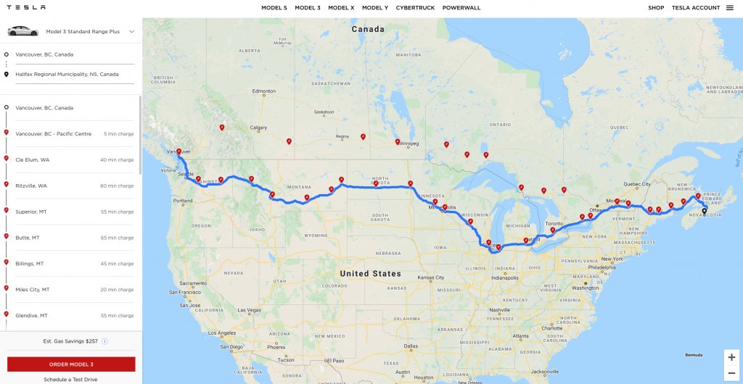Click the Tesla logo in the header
[x=26, y=7]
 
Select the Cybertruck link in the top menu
[x=415, y=7]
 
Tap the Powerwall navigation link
[x=461, y=7]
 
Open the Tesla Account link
[x=696, y=7]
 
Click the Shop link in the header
[x=656, y=7]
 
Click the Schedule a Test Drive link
[x=70, y=379]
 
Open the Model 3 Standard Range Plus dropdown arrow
[x=131, y=32]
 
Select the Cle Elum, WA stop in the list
[x=31, y=159]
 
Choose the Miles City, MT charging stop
[x=33, y=290]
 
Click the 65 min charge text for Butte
[x=117, y=238]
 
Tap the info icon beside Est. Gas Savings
[x=104, y=341]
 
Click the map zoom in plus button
[x=731, y=357]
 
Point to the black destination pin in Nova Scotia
[x=704, y=212]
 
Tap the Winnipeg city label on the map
[x=409, y=143]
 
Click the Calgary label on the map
[x=259, y=128]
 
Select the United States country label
[x=370, y=273]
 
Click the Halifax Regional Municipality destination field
[x=67, y=74]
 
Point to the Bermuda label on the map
[x=694, y=355]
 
